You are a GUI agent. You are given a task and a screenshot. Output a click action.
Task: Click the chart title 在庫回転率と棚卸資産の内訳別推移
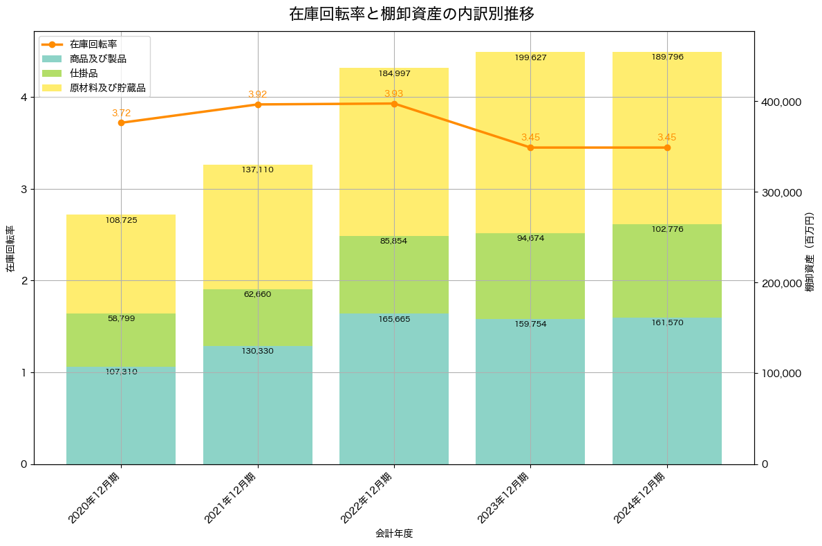pyautogui.click(x=411, y=14)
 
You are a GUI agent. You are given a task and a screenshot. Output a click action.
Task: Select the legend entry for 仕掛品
pyautogui.click(x=84, y=73)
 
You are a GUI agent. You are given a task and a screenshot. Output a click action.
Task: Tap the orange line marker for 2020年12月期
pyautogui.click(x=121, y=122)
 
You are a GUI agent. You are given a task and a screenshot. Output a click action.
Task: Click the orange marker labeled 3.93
pyautogui.click(x=394, y=104)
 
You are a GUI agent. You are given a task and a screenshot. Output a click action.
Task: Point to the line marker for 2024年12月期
pyautogui.click(x=667, y=147)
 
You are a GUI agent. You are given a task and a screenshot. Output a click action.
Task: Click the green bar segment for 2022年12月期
pyautogui.click(x=394, y=275)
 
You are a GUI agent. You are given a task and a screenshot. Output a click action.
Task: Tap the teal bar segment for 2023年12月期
pyautogui.click(x=530, y=392)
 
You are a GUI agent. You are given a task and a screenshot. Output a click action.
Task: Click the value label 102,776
pyautogui.click(x=667, y=229)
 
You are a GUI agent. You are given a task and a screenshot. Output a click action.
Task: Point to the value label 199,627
pyautogui.click(x=530, y=57)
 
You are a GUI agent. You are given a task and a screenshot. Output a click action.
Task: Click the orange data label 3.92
pyautogui.click(x=257, y=94)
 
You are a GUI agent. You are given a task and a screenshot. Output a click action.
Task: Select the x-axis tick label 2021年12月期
pyautogui.click(x=232, y=498)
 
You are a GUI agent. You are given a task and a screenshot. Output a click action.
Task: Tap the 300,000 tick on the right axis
pyautogui.click(x=781, y=192)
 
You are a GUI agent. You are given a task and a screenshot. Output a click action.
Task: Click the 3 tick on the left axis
pyautogui.click(x=24, y=189)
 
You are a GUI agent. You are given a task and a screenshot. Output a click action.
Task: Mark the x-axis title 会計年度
pyautogui.click(x=394, y=534)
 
